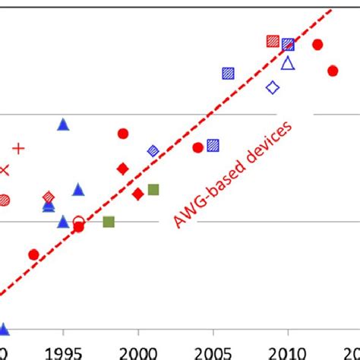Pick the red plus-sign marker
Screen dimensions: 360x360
tap(18, 149)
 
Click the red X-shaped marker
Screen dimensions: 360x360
tap(4, 170)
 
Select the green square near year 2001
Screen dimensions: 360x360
tap(153, 189)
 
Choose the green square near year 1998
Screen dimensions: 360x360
tap(109, 222)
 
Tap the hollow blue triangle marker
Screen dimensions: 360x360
tap(288, 64)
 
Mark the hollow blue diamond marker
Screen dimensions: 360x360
tap(273, 88)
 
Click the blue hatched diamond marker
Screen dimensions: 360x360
tap(153, 151)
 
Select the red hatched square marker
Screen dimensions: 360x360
tap(273, 41)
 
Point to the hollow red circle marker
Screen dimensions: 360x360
tap(78, 222)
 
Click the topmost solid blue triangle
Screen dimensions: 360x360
tap(63, 125)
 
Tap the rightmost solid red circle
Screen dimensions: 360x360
tap(333, 71)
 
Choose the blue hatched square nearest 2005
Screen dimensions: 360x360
tap(213, 144)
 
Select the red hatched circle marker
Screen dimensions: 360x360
tap(4, 200)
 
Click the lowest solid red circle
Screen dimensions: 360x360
tap(33, 254)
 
